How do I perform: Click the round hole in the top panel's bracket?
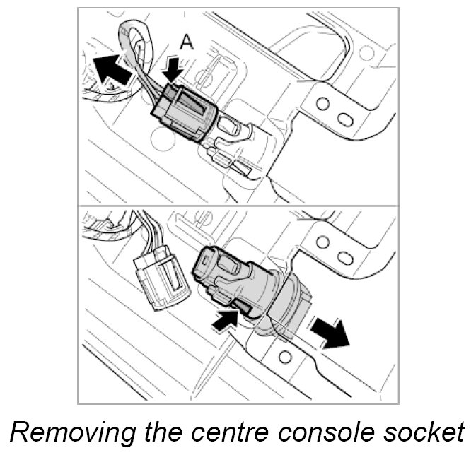point(322,105)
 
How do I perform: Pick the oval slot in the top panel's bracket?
point(345,117)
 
